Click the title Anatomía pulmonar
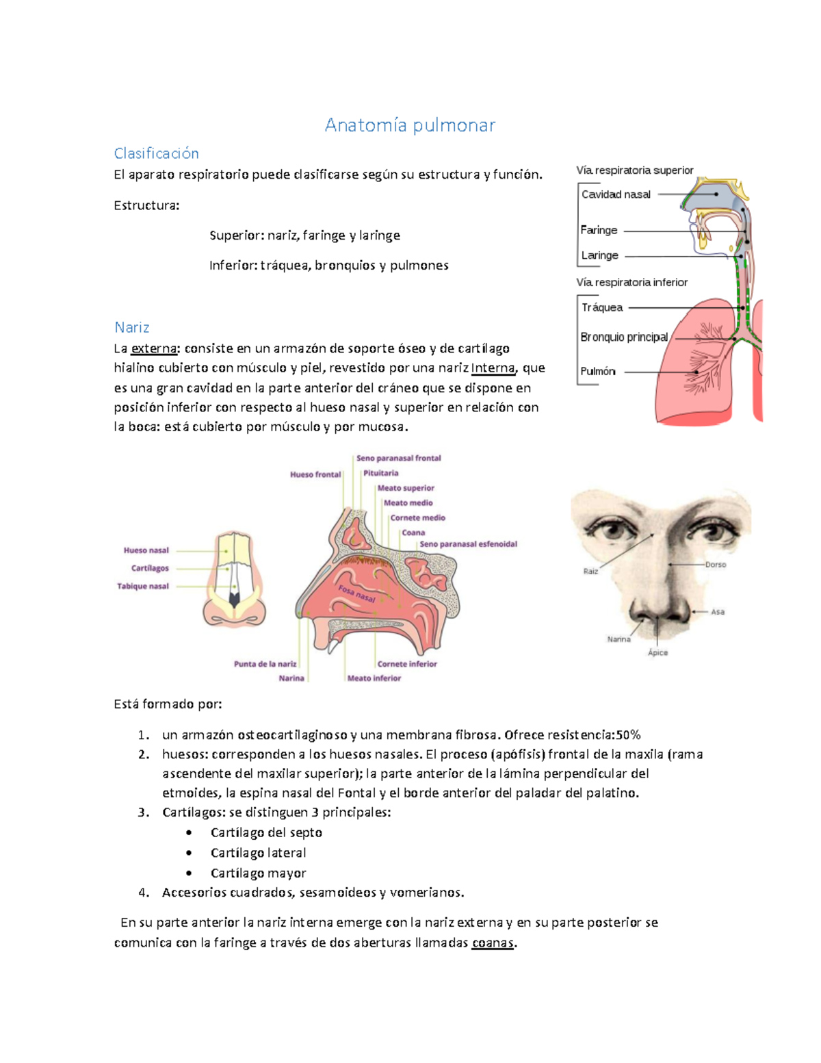point(410,125)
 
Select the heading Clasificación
point(156,153)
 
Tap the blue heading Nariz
point(131,327)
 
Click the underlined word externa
point(154,348)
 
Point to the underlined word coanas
point(493,943)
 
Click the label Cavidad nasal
point(616,194)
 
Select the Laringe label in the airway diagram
point(599,255)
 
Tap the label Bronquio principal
point(624,337)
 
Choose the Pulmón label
point(597,371)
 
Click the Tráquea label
point(602,307)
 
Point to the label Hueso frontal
point(315,474)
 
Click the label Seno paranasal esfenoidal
point(468,544)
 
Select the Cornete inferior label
point(406,664)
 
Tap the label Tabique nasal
point(142,586)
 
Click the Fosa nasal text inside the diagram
point(356,593)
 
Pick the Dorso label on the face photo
point(715,565)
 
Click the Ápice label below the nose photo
point(657,652)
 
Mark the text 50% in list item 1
point(628,735)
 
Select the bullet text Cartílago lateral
point(258,853)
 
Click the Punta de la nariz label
point(265,664)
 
